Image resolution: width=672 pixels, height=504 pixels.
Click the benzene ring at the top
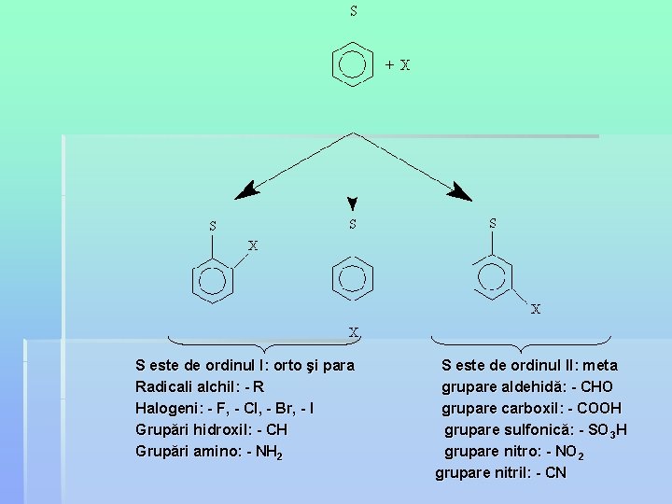click(352, 64)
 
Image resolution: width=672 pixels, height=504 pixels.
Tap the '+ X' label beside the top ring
click(398, 65)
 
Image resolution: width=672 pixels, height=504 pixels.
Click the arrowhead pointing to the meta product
click(459, 192)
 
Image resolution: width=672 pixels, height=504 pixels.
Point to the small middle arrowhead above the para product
click(352, 203)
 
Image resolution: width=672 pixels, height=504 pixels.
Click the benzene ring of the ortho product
click(212, 280)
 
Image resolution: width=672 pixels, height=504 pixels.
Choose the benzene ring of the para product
click(352, 277)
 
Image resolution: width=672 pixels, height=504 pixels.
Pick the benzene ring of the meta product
click(492, 277)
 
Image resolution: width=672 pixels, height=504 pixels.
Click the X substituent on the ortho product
click(252, 246)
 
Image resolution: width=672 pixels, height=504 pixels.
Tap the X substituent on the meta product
click(536, 309)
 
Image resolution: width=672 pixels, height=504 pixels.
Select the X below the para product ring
click(354, 331)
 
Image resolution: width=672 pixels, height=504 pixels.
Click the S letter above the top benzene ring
click(353, 12)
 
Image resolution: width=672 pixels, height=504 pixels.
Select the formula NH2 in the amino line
click(270, 452)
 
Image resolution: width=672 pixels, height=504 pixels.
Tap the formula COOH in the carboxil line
click(599, 408)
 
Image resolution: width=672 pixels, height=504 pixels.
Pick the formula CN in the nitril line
click(554, 473)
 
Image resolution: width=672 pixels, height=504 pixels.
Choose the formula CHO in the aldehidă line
click(596, 386)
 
